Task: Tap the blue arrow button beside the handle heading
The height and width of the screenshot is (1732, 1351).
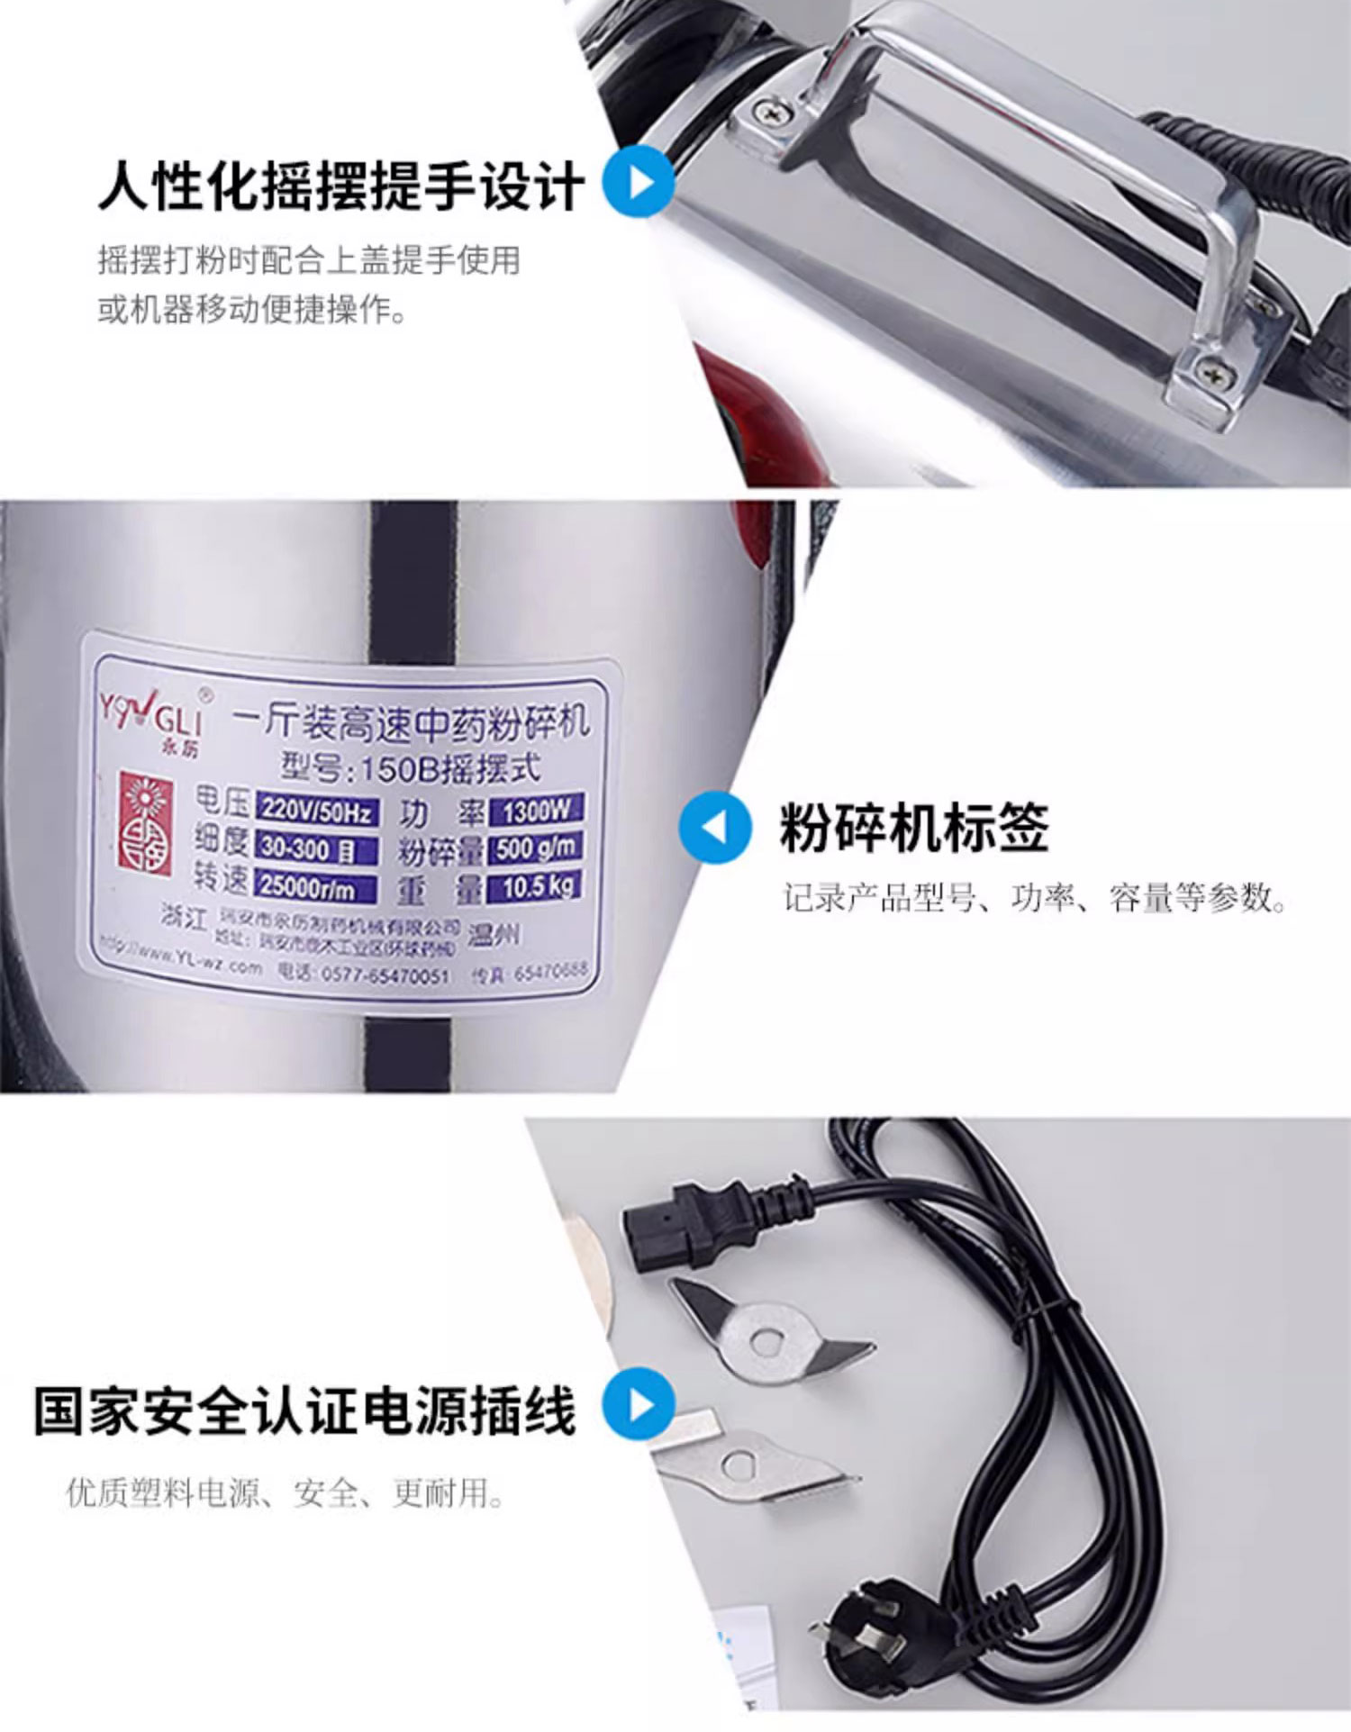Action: pos(639,183)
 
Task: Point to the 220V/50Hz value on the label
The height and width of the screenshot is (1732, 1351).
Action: pos(316,811)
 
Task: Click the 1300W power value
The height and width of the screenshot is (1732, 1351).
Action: pos(536,810)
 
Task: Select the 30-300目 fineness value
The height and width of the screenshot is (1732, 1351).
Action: pos(306,848)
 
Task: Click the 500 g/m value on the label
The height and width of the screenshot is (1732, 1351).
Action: pos(535,848)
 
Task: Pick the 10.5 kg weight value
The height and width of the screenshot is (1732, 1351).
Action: pos(537,886)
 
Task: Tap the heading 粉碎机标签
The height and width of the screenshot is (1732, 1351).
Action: pos(913,828)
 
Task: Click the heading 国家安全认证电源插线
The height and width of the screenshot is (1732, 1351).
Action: pos(304,1410)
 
